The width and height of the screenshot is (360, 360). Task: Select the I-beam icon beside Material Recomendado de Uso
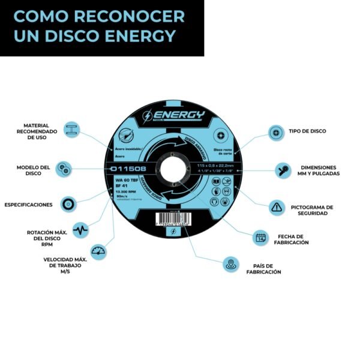point(71,130)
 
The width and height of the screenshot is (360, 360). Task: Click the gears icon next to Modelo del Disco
point(64,169)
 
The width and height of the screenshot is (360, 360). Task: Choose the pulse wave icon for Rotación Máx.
point(80,230)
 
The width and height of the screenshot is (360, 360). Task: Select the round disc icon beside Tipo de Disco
point(275,131)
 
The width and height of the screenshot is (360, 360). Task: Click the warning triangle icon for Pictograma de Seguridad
point(275,208)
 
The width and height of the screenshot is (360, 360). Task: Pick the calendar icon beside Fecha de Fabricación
point(260,238)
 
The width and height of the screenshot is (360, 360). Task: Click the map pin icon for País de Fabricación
point(230,264)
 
